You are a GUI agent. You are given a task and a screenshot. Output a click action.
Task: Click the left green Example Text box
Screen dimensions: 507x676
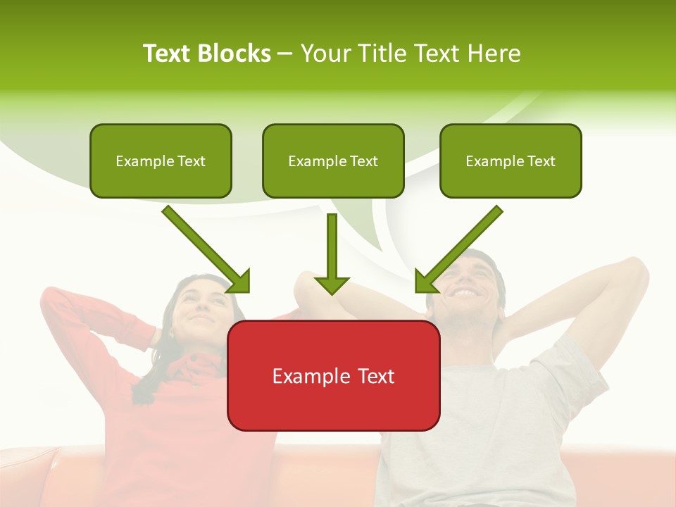[161, 161]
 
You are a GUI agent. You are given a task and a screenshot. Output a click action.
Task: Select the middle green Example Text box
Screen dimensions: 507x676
[333, 161]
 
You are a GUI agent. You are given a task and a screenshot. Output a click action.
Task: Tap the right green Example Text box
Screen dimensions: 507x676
[511, 161]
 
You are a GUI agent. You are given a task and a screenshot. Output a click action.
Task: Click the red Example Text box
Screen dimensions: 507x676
[333, 375]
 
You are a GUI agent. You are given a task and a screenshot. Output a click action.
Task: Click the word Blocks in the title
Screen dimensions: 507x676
[234, 54]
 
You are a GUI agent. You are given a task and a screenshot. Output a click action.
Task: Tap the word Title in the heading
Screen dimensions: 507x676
[384, 54]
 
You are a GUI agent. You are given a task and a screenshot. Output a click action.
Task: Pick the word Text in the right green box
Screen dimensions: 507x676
[540, 161]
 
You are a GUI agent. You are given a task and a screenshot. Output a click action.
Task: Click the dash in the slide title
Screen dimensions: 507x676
[285, 54]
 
